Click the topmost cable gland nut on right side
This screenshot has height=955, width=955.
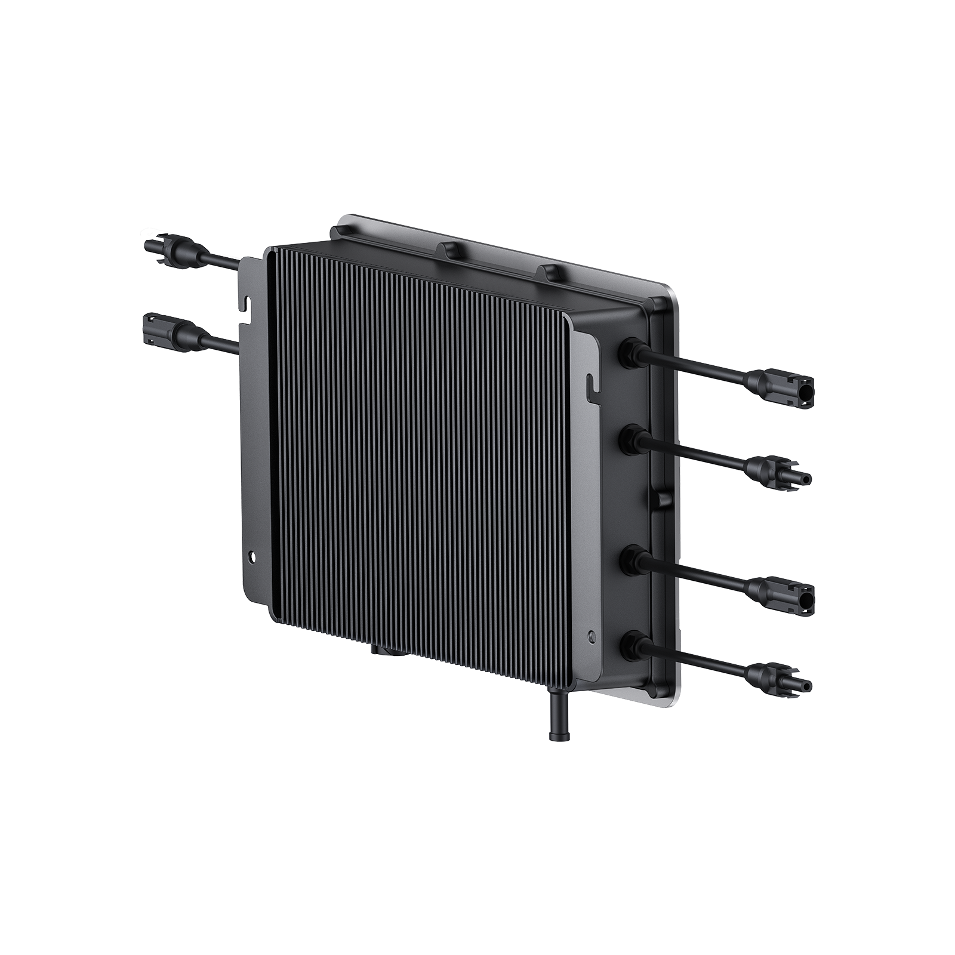(632, 347)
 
